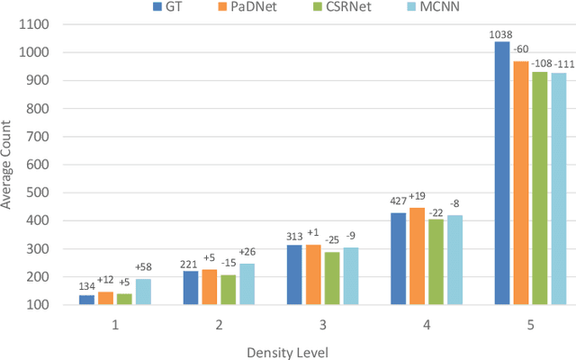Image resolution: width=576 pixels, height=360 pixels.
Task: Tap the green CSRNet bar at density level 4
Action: [x=436, y=262]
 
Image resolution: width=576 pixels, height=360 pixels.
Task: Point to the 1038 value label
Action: [x=500, y=34]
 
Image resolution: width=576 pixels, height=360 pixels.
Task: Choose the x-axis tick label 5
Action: [x=530, y=324]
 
